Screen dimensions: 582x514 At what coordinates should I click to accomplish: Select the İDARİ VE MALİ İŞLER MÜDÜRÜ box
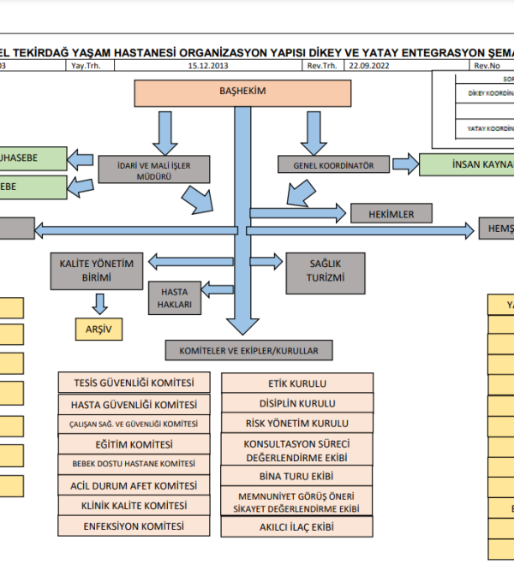point(142,169)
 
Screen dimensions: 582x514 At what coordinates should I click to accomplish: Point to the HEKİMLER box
point(391,213)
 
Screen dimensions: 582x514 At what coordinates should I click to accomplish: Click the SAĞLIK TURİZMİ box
point(326,271)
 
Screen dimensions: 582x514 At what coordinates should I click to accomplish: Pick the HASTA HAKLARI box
point(175,298)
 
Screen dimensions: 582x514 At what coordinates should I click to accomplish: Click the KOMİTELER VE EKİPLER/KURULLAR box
point(249,350)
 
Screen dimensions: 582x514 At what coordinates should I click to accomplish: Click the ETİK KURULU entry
point(297,383)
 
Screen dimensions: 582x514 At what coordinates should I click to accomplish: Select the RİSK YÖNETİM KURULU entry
point(297,424)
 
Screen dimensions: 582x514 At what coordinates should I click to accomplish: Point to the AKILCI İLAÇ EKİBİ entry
point(297,527)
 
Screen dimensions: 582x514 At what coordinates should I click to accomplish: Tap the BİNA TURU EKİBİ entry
point(297,476)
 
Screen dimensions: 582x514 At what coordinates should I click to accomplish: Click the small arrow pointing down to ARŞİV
point(100,302)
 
